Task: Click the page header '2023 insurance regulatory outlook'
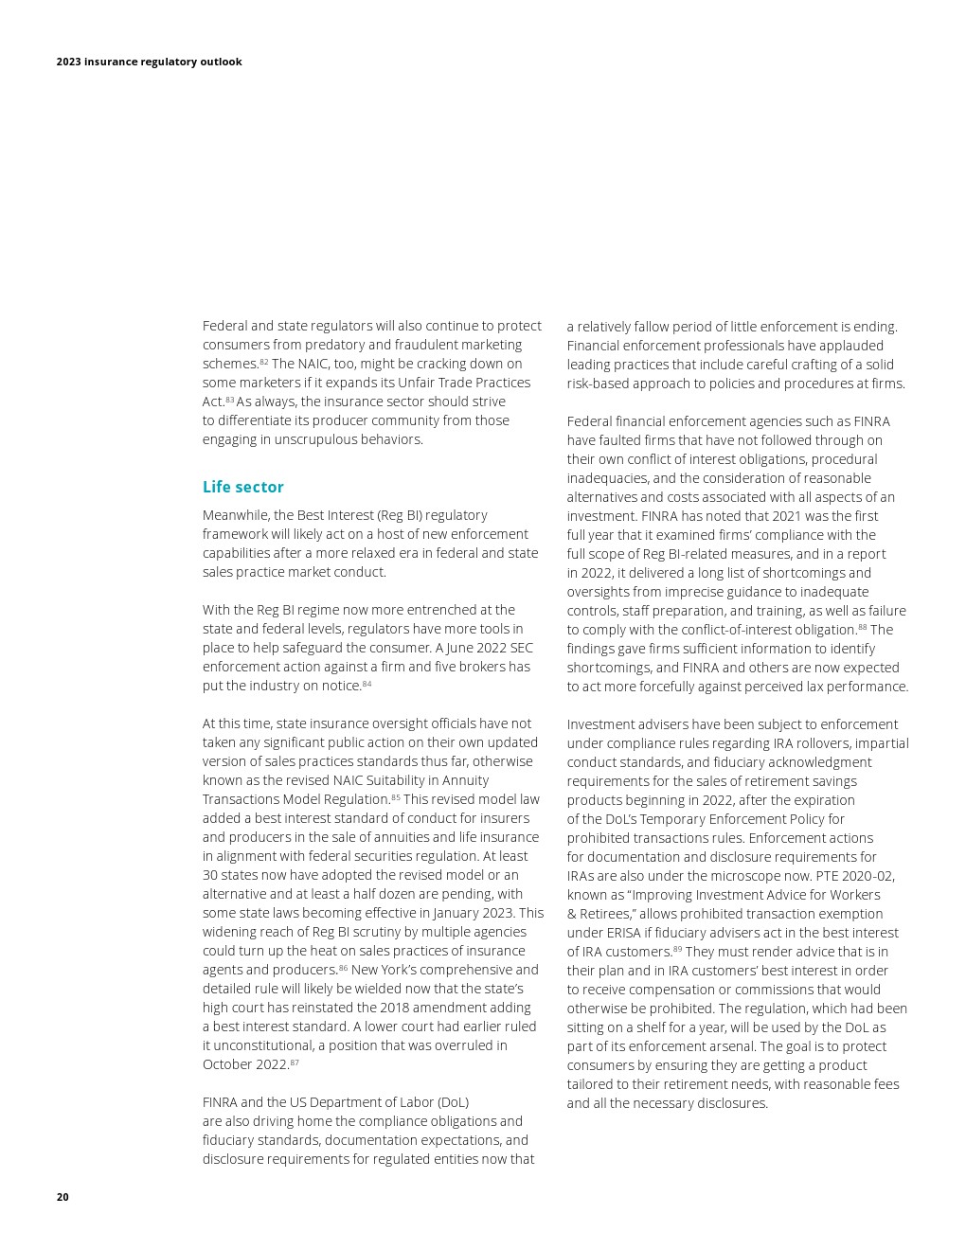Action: pos(149,62)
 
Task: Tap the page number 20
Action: pos(63,1197)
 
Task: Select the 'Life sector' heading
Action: pos(242,487)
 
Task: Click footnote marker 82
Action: pos(264,362)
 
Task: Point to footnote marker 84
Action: pos(367,684)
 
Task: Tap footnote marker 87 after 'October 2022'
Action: pos(295,1062)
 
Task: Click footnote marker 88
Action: pos(862,627)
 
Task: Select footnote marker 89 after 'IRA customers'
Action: pos(677,949)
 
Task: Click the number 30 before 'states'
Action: pos(210,875)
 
